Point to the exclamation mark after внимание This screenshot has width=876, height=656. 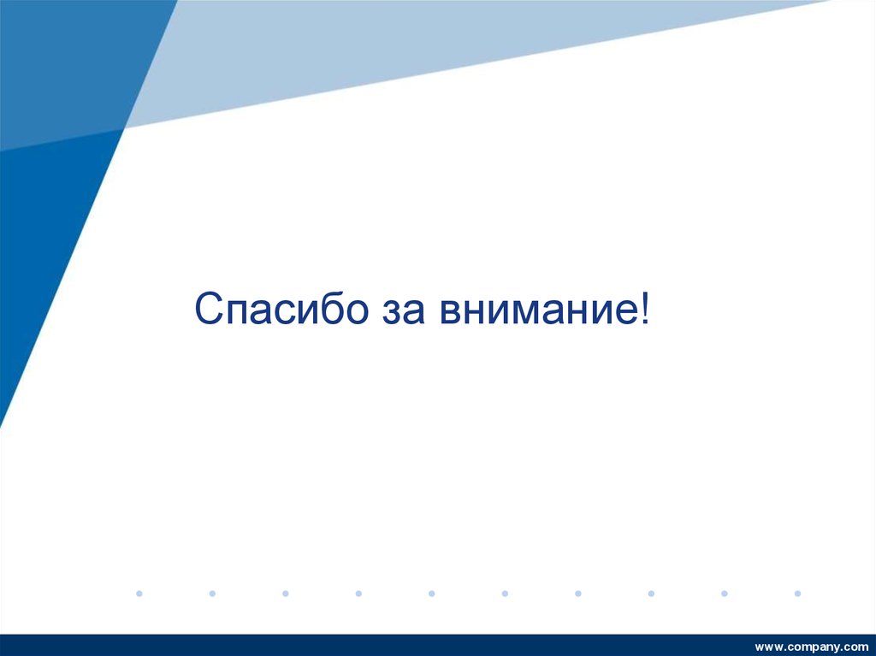point(643,307)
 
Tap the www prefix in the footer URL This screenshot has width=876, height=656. point(767,646)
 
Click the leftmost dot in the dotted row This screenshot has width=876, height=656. point(139,592)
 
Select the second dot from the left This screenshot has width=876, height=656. point(212,592)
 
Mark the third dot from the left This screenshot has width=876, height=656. point(285,592)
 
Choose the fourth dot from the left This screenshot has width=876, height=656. point(358,592)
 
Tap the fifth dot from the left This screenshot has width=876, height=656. point(431,592)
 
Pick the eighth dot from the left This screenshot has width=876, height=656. point(651,592)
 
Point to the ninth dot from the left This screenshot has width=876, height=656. point(724,592)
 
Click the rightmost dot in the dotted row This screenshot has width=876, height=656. point(797,592)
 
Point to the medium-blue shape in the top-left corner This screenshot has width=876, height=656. point(68,60)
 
